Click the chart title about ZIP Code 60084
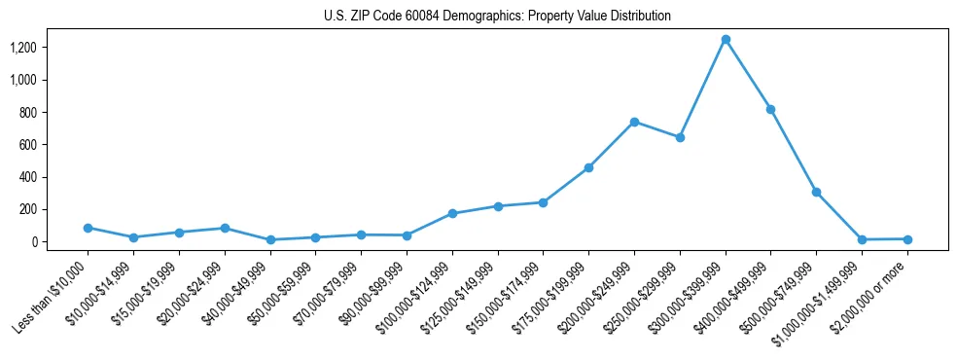coord(497,17)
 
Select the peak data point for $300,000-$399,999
coord(726,40)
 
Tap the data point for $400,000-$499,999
coord(770,110)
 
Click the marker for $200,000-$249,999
coord(634,122)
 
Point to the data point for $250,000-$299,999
coord(680,137)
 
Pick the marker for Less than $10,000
coord(88,228)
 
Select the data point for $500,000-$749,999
coord(816,193)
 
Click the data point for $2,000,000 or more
coord(907,239)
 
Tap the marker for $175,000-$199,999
coord(588,167)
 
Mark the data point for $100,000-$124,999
coord(452,213)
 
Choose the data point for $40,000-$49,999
coord(269,239)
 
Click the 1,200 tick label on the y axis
coord(23,48)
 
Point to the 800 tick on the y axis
coord(28,112)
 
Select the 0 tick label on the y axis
coord(34,241)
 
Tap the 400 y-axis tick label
coord(28,177)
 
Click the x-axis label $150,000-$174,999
coord(505,293)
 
